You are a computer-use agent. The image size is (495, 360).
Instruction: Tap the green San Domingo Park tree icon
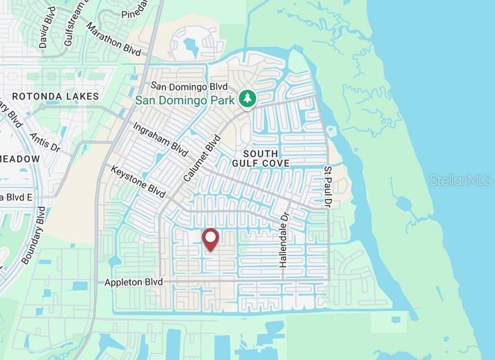click(x=247, y=99)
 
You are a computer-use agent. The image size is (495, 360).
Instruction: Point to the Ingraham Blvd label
click(x=160, y=139)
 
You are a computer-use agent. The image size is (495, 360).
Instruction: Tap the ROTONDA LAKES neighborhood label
click(x=55, y=97)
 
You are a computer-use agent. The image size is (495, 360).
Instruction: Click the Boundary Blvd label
click(x=32, y=236)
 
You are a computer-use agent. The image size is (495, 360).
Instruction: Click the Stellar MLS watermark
click(x=460, y=180)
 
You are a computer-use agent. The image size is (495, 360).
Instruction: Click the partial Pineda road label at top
click(x=136, y=13)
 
